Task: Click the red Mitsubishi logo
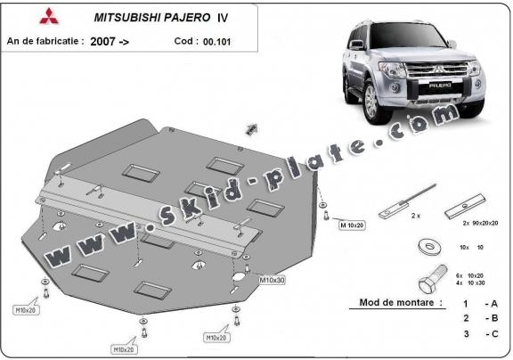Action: click(21, 16)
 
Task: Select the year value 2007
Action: click(106, 41)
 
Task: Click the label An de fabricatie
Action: click(45, 41)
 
